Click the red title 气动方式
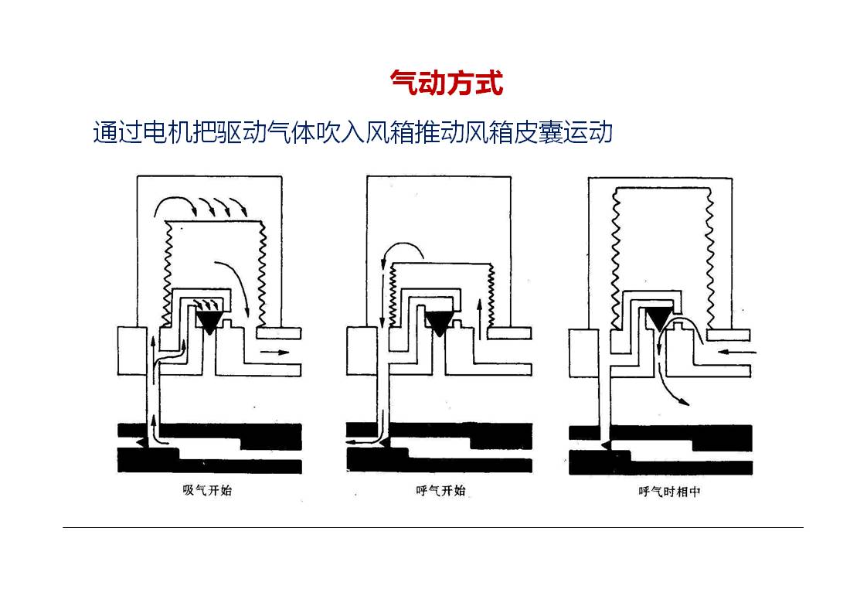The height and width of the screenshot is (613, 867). [x=447, y=83]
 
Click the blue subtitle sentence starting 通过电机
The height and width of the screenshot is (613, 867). [x=352, y=132]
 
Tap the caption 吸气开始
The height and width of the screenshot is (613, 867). [x=206, y=490]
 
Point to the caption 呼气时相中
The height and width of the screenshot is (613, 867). [x=669, y=491]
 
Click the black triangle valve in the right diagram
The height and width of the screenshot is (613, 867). [x=659, y=318]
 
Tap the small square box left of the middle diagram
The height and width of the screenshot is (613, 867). [x=361, y=351]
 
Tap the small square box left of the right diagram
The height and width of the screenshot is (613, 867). [x=583, y=352]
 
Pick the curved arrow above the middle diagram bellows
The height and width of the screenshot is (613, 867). [x=403, y=251]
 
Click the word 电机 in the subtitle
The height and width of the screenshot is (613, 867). [x=164, y=132]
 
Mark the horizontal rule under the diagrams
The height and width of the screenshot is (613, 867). [x=433, y=528]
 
